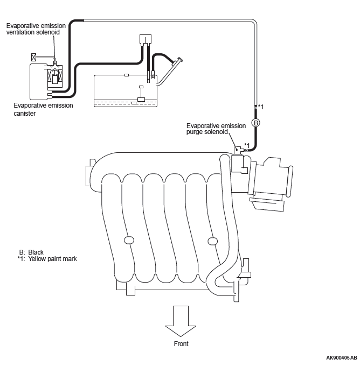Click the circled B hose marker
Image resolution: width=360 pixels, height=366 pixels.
pos(256,123)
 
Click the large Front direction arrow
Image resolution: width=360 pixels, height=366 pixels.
pos(181,321)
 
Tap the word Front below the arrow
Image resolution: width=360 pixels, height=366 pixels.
pos(181,344)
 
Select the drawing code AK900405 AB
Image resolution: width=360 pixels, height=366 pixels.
pos(342,358)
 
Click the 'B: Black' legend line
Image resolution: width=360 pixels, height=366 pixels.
pos(31,252)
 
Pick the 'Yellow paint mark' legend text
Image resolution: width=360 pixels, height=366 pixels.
pos(52,259)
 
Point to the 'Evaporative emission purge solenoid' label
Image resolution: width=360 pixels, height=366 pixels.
pos(216,129)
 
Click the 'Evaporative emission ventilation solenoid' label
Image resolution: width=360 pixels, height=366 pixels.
pos(36,29)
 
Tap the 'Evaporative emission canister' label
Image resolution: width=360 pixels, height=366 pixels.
pos(43,109)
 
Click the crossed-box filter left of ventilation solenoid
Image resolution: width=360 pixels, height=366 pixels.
pos(34,57)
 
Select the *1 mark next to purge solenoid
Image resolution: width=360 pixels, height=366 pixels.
pos(247,145)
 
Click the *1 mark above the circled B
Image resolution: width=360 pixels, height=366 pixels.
pos(261,107)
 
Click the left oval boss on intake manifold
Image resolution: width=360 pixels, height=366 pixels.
pos(129,240)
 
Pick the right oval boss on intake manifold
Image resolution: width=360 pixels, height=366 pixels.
pos(212,241)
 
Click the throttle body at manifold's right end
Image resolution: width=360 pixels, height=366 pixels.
pos(270,184)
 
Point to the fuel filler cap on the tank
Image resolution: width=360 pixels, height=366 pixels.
pos(180,60)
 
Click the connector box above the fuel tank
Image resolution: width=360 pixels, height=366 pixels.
pos(146,39)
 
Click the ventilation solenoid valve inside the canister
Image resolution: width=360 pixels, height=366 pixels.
pos(55,75)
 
